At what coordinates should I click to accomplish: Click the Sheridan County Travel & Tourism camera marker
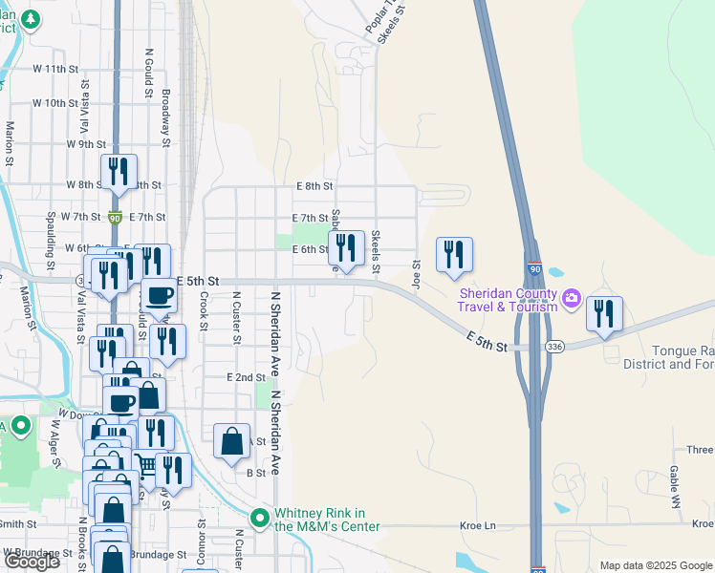coord(572,298)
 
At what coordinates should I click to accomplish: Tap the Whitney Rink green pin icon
coord(259,519)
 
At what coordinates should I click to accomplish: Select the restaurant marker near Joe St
coord(455,254)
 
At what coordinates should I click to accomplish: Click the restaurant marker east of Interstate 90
coord(604,313)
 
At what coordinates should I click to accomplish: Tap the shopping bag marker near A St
coord(231,441)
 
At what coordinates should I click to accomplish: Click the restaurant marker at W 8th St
coord(119,172)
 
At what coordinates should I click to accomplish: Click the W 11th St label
coord(54,70)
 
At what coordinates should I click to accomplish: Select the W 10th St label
coord(54,103)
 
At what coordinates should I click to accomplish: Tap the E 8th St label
coord(314,186)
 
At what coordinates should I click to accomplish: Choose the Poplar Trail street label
coord(379,19)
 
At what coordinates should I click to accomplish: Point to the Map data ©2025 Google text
coord(655,565)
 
